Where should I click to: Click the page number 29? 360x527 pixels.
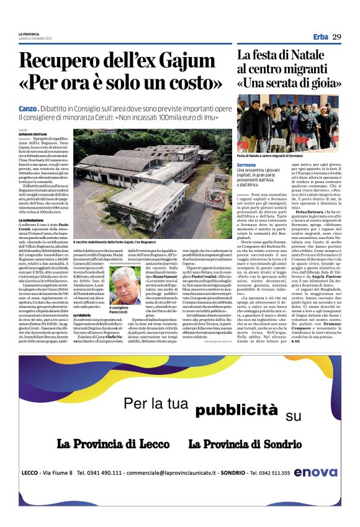tap(336, 37)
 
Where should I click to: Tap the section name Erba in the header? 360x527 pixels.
tap(320, 37)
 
